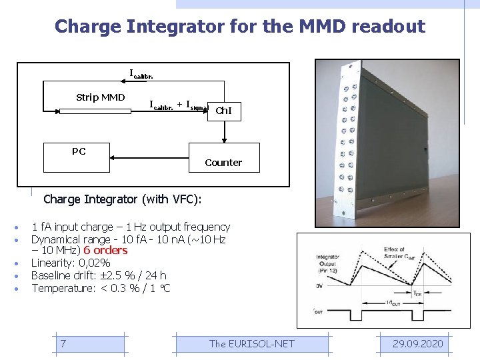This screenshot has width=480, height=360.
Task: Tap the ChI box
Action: tap(223, 111)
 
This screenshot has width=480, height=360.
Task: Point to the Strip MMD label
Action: tap(100, 98)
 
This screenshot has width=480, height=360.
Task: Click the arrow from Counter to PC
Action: tap(150, 157)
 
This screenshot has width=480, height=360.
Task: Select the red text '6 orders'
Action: tap(105, 251)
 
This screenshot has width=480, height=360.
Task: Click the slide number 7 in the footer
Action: tap(63, 343)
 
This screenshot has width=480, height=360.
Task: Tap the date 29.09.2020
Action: tap(417, 343)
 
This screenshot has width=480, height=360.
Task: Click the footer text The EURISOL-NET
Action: tap(251, 343)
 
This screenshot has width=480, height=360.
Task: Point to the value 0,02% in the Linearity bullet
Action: tap(94, 263)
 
